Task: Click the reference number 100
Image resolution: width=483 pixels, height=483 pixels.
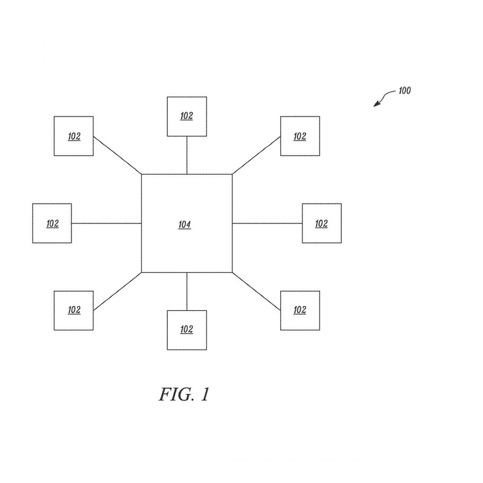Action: [405, 91]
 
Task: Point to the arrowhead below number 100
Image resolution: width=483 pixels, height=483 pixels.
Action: [377, 104]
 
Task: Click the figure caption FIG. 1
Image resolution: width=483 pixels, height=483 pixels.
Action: [184, 394]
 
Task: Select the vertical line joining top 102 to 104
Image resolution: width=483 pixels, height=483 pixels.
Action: [187, 155]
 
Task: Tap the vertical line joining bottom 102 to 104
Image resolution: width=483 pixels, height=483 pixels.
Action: [187, 291]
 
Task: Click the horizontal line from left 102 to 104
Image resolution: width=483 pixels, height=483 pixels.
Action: [106, 223]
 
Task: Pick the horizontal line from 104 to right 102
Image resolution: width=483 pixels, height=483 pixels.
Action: [267, 223]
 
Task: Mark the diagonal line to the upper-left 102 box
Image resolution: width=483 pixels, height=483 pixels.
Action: [118, 155]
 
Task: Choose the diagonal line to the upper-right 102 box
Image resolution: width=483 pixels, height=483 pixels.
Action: [256, 155]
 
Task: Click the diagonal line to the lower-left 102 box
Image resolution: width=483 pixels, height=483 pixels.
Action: [118, 291]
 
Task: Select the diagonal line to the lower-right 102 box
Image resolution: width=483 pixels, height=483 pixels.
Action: [256, 291]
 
